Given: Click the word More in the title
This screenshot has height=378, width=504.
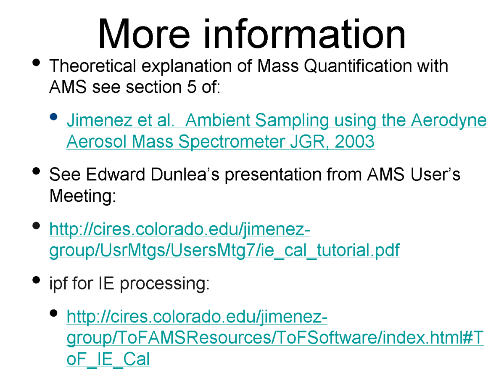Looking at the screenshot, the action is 144,34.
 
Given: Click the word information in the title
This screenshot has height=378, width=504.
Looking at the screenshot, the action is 304,34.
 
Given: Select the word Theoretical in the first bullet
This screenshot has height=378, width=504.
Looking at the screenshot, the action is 92,66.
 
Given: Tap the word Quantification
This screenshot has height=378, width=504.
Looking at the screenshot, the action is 357,66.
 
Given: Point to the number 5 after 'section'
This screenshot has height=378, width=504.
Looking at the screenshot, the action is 192,87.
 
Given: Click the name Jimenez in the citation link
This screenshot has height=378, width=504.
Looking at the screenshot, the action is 99,120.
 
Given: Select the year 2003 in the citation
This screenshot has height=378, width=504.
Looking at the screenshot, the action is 354,142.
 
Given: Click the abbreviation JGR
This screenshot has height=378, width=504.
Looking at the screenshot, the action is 309,142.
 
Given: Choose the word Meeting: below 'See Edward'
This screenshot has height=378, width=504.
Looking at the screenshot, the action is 82,196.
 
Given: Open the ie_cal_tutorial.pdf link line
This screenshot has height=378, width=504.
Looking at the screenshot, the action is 224,251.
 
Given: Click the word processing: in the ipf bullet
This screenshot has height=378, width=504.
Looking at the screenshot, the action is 165,284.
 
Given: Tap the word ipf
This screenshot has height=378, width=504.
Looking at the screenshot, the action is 60,284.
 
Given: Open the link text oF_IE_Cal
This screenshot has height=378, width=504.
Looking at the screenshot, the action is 108,359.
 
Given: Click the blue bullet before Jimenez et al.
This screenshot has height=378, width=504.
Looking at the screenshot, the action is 54,116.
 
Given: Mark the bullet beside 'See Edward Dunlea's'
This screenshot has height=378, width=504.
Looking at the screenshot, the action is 36,171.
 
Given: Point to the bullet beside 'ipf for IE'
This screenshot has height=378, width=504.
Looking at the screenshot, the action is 36,280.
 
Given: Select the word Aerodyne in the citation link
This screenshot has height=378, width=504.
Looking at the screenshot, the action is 449,121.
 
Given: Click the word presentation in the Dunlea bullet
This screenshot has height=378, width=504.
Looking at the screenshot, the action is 273,175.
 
